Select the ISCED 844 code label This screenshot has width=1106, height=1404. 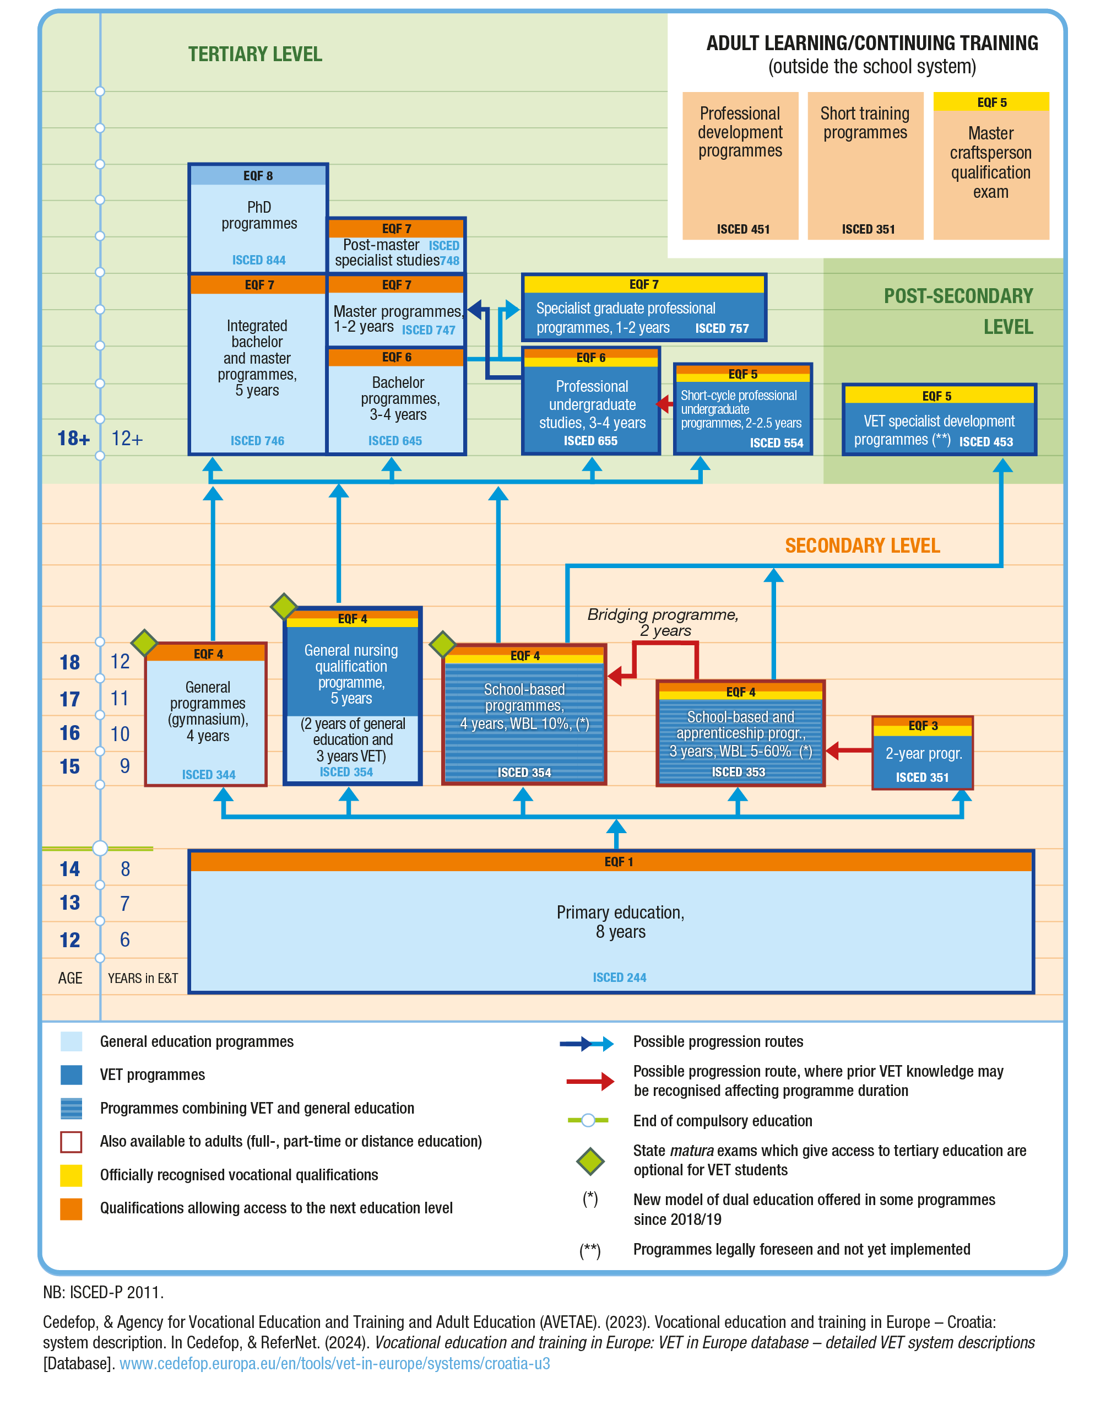tap(258, 260)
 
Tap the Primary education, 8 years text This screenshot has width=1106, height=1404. tap(620, 921)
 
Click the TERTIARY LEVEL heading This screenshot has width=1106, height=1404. tap(254, 55)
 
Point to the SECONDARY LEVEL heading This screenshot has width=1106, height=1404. tap(862, 546)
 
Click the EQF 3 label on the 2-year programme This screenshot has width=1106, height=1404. tap(922, 726)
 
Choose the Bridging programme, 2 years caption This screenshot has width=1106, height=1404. tap(663, 622)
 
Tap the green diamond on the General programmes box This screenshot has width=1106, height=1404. tap(144, 642)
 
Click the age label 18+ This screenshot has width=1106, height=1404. tap(73, 439)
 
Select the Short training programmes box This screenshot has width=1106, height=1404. tap(865, 165)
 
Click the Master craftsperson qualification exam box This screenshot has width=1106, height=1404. tap(990, 165)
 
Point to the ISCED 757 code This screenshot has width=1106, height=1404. tap(722, 328)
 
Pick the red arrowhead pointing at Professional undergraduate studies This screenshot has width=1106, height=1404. tap(663, 404)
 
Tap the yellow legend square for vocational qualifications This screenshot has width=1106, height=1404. tap(71, 1175)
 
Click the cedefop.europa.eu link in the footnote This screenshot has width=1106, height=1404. tap(334, 1363)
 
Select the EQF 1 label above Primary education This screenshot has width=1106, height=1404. tap(619, 862)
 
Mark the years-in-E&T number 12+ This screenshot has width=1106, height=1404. tap(127, 439)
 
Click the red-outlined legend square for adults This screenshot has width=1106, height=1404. tap(71, 1142)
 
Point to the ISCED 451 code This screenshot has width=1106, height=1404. tap(742, 229)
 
